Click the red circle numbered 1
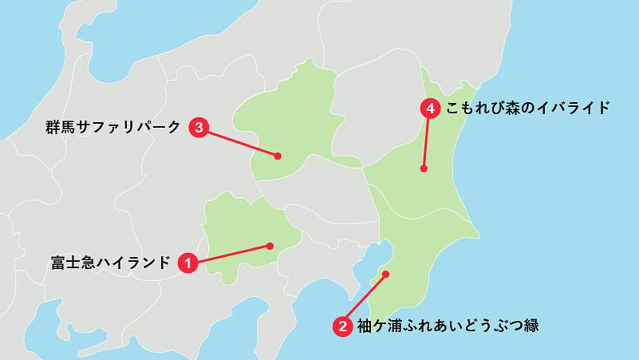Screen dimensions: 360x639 187,262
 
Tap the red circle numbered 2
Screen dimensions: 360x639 342,326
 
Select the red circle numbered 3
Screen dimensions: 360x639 199,127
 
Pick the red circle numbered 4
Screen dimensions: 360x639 430,108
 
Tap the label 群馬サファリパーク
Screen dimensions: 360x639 113,127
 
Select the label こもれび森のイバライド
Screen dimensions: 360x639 528,108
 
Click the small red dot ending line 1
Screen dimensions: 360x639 270,245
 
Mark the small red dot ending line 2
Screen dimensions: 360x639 385,275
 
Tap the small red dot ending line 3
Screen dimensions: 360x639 278,156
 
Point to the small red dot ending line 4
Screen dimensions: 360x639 424,168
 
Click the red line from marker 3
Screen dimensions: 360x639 239,142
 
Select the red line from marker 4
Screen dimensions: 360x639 427,140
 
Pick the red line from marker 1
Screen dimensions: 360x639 231,253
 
